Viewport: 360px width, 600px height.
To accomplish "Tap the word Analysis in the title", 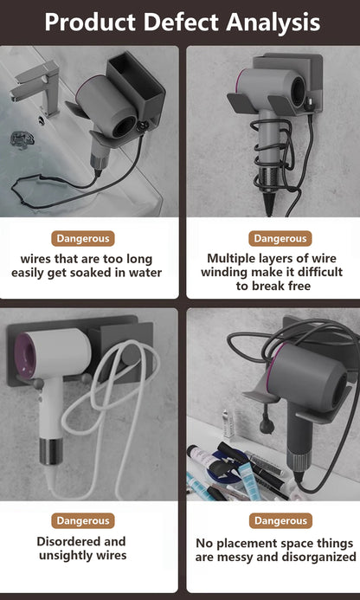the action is click(273, 23).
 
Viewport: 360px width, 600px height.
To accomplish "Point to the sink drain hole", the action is click(42, 120).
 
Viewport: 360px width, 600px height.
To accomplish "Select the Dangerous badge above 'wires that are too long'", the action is click(83, 238).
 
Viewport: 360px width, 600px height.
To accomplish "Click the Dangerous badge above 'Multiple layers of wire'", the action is click(280, 238).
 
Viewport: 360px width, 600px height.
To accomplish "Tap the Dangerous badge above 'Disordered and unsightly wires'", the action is click(83, 521).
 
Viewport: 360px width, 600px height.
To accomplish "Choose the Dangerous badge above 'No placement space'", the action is click(280, 521).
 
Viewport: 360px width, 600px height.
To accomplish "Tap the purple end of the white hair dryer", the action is click(23, 355).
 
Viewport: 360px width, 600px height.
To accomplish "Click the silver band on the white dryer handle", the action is click(51, 452).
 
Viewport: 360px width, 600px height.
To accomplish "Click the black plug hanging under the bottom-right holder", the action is click(267, 424).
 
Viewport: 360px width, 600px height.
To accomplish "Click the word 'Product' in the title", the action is click(90, 22).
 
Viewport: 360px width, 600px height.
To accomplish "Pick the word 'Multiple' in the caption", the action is click(230, 258).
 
